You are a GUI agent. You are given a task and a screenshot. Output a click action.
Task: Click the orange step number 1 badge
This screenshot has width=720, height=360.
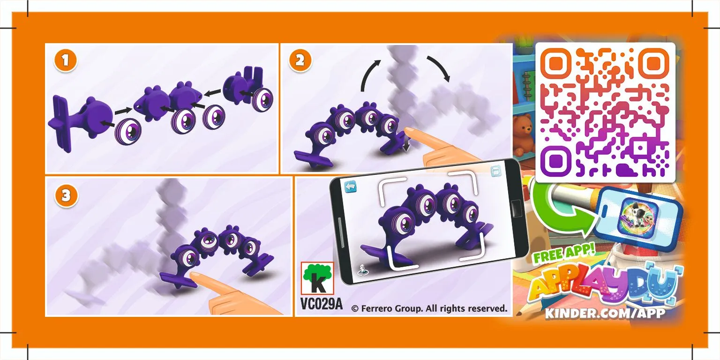point(65,61)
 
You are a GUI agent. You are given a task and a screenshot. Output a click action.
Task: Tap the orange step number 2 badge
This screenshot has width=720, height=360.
point(300,61)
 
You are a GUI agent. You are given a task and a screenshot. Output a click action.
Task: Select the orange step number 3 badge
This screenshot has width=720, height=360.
point(66,195)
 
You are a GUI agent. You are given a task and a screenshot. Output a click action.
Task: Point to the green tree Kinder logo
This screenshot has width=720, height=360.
point(317,278)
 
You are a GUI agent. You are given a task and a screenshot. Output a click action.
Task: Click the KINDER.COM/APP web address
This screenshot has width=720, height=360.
point(605,313)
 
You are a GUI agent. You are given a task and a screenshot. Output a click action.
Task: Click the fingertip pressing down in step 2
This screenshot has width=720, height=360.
point(411,133)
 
